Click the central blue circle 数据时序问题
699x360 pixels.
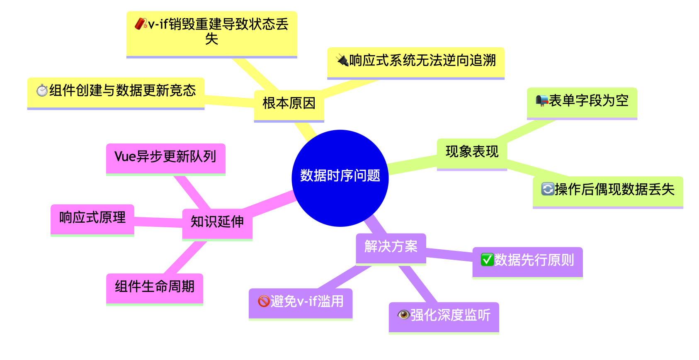pos(340,178)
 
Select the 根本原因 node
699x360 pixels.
pos(289,104)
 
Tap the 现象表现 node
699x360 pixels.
pos(472,152)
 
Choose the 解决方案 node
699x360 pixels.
pos(391,247)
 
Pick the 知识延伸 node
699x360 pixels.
pos(217,222)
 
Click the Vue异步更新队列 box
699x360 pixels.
pos(165,157)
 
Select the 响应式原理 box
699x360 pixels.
pos(92,218)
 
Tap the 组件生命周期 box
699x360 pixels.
pos(155,287)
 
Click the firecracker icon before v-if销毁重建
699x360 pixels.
pos(141,24)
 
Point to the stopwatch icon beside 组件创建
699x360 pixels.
pos(42,90)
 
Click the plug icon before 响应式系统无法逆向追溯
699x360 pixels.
pos(342,61)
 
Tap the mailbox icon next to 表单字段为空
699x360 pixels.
pos(541,101)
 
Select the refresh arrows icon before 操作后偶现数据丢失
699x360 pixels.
pos(548,190)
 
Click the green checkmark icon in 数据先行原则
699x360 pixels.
pos(487,260)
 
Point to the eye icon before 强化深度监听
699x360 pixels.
pos(403,315)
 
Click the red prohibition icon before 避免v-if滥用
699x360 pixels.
pos(264,302)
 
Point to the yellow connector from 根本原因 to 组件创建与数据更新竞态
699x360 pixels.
pos(229,101)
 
